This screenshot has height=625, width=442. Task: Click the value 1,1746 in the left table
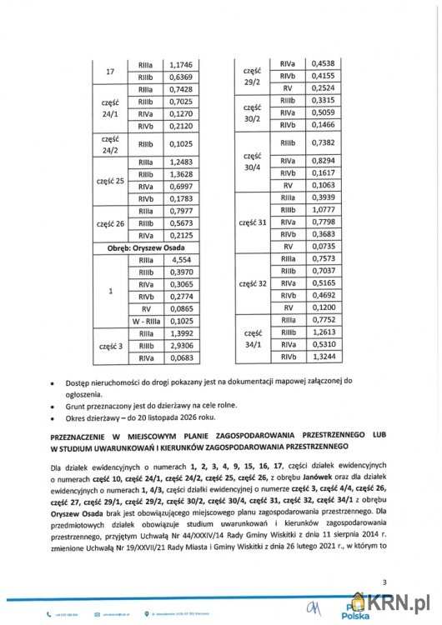click(181, 63)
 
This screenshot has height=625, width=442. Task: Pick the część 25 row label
click(109, 180)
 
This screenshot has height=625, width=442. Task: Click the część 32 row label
click(251, 283)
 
